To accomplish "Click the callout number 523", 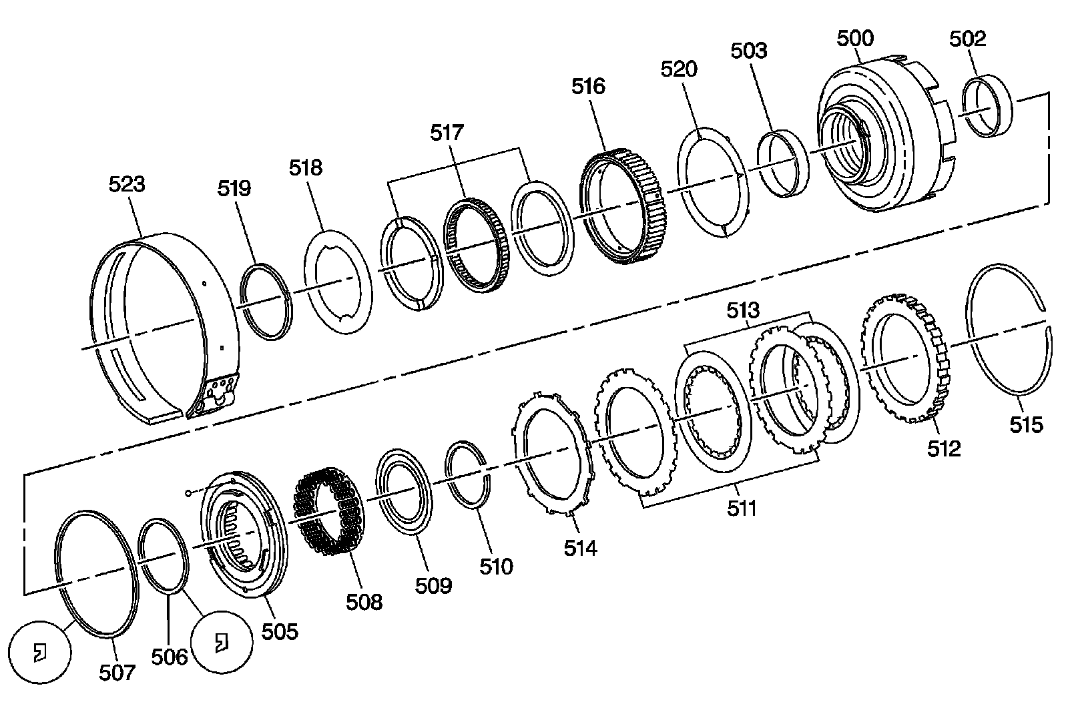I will [x=127, y=184].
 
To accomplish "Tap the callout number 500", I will [x=855, y=38].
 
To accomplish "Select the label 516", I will [x=588, y=86].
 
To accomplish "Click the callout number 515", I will [x=1025, y=424].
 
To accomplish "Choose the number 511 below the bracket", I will [x=742, y=508].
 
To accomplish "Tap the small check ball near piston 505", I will [x=190, y=493].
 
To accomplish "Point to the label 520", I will [x=679, y=69].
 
